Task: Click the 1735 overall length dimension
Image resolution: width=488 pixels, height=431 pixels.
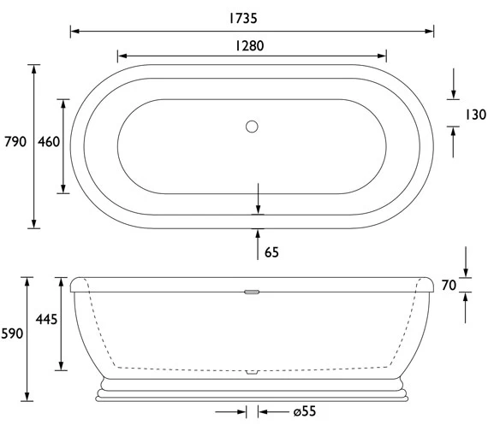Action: tap(251, 15)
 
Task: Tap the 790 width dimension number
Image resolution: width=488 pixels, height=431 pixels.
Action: tap(15, 142)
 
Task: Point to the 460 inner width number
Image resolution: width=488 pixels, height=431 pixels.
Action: tap(49, 142)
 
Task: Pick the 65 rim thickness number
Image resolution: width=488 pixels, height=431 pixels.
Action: tap(272, 252)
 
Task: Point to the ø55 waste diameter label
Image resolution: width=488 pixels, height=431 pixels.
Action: tap(304, 411)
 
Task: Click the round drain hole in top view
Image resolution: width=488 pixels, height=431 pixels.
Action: tap(251, 127)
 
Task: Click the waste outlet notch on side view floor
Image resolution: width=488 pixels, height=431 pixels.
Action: tap(251, 373)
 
